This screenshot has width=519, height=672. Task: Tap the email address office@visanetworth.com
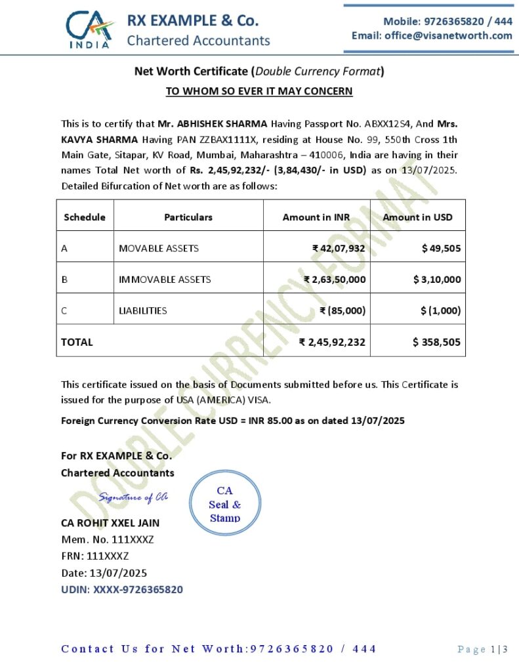432,35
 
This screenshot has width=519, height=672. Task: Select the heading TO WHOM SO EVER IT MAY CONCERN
259,91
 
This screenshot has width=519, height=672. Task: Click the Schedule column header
85,217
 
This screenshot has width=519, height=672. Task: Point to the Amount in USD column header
417,217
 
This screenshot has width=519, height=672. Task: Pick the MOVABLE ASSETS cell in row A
159,248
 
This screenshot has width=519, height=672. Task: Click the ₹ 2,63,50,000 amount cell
335,279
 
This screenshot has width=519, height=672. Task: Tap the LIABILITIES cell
142,310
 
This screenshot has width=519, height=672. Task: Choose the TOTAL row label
77,342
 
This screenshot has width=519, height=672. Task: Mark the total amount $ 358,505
436,342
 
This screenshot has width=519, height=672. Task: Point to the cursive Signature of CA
133,497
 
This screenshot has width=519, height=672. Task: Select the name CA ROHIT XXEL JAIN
110,523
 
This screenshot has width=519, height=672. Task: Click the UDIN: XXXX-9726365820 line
122,589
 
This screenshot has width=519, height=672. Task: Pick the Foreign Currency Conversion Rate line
233,420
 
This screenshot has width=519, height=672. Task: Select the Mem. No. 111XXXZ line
108,539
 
